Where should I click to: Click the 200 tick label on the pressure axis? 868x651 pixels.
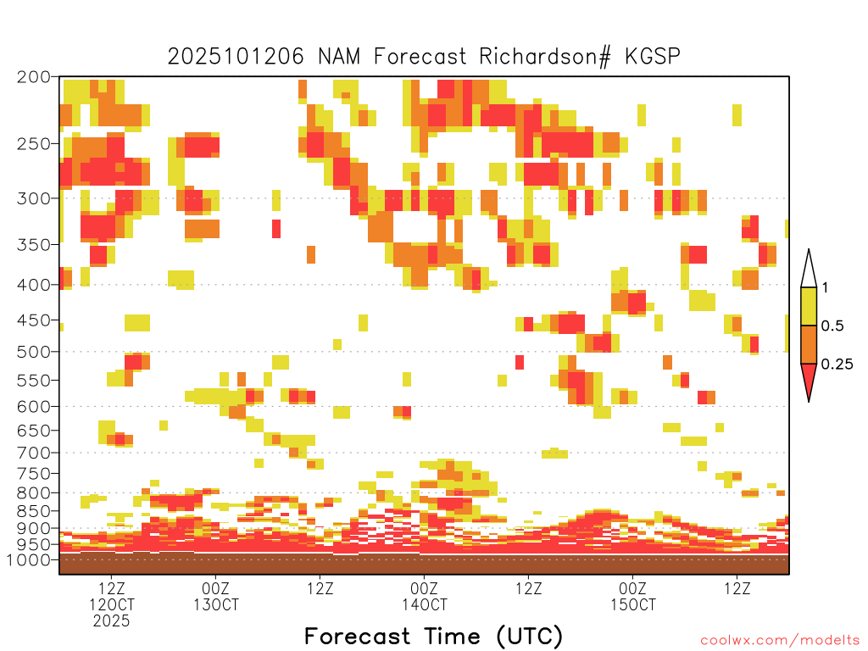(x=33, y=77)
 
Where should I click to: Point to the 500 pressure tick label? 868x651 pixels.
(x=33, y=352)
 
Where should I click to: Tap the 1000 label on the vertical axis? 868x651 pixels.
(x=29, y=560)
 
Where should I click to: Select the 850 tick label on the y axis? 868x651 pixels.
(x=33, y=511)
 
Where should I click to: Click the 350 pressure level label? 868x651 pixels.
(x=33, y=245)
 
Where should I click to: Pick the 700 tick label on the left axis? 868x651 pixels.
(x=33, y=453)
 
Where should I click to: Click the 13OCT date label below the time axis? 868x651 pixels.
(x=216, y=605)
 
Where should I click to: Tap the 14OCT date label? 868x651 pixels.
(x=425, y=605)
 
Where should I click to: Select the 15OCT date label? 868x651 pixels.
(x=632, y=605)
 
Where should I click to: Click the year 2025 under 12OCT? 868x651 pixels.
(x=111, y=621)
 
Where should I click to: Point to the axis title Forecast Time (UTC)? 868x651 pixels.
(x=433, y=637)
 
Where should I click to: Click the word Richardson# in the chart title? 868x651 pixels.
(x=545, y=57)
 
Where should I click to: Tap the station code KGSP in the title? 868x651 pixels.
(x=653, y=57)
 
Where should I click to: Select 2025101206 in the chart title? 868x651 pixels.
(x=236, y=57)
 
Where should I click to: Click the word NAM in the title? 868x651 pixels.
(x=339, y=57)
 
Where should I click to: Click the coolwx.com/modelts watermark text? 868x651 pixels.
(x=780, y=641)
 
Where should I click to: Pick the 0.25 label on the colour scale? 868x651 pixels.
(x=837, y=364)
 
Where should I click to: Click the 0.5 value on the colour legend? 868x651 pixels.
(x=832, y=326)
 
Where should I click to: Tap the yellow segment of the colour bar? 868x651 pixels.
(x=809, y=306)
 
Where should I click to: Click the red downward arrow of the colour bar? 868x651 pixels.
(x=809, y=379)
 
